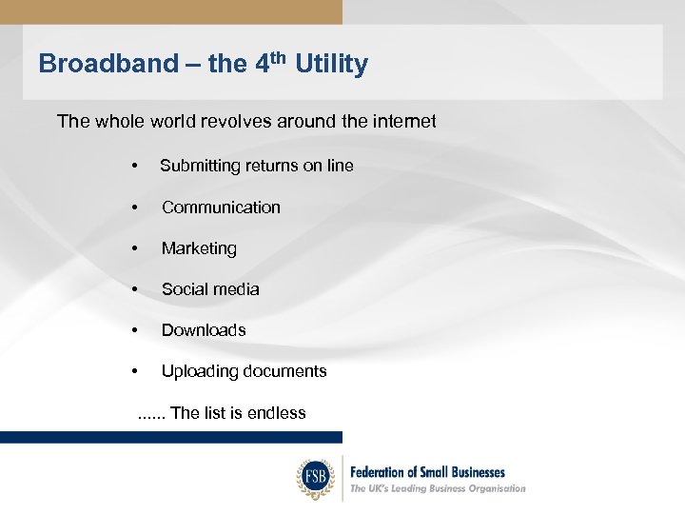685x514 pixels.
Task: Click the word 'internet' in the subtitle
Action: point(400,121)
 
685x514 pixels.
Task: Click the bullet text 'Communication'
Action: point(221,207)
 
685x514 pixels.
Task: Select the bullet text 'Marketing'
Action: point(199,248)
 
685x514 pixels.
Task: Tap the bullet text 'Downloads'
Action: point(204,330)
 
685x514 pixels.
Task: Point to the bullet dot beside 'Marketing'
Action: point(137,249)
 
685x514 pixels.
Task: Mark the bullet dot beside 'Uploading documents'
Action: point(137,372)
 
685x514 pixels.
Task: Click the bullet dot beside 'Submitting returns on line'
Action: point(137,167)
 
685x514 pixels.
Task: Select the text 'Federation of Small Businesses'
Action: point(427,471)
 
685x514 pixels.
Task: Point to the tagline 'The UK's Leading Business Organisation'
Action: point(438,488)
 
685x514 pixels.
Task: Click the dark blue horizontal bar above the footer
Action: point(171,437)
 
